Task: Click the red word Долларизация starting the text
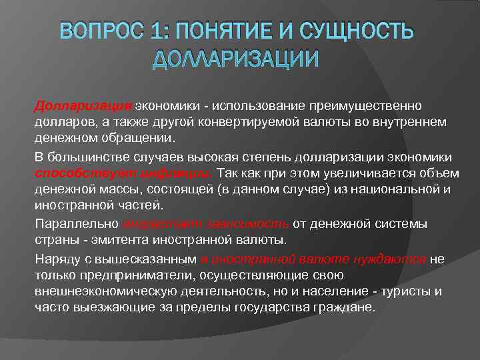[84, 107]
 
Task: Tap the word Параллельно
[75, 223]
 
